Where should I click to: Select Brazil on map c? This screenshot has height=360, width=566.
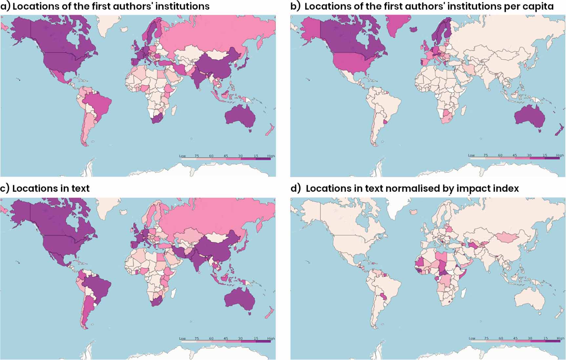tap(98, 285)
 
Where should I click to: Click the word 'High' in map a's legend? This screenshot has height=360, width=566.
tap(271, 156)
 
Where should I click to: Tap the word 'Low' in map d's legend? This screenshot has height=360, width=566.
tap(472, 338)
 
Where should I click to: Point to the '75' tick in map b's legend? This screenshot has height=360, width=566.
tap(486, 155)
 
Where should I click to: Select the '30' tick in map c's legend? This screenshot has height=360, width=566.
tap(241, 338)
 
